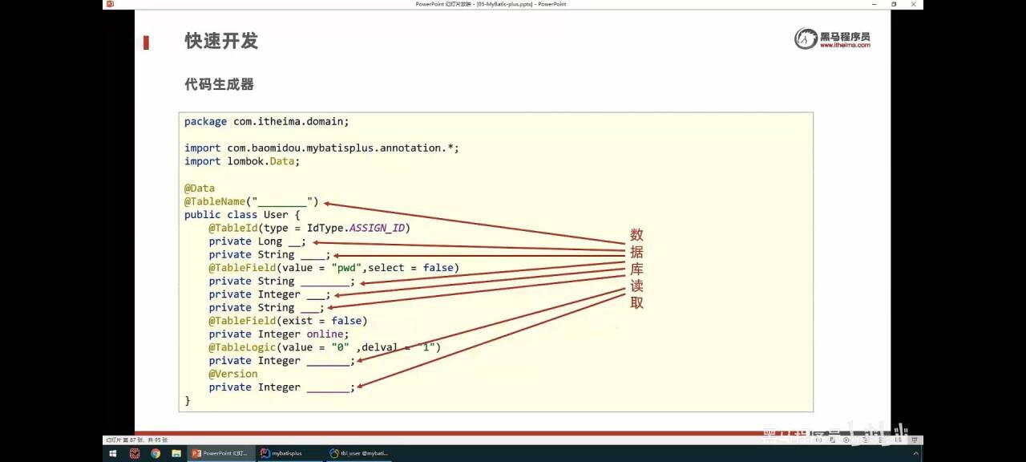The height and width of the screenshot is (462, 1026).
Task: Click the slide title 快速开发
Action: pyautogui.click(x=221, y=41)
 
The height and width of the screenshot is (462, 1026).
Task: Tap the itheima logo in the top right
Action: pyautogui.click(x=832, y=38)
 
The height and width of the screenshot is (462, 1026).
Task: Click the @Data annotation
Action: pyautogui.click(x=200, y=188)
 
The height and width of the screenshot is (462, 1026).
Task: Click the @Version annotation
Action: pyautogui.click(x=233, y=374)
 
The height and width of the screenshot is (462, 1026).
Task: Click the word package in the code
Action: pyautogui.click(x=205, y=122)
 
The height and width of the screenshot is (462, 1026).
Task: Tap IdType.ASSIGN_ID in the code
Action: pyautogui.click(x=356, y=228)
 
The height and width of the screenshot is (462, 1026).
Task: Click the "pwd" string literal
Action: pyautogui.click(x=345, y=268)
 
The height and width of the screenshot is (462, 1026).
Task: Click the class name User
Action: pyautogui.click(x=276, y=215)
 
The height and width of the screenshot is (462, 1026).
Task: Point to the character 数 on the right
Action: pyautogui.click(x=636, y=235)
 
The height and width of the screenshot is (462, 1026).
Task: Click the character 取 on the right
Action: pyautogui.click(x=636, y=303)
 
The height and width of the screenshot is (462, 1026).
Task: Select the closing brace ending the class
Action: pyautogui.click(x=188, y=400)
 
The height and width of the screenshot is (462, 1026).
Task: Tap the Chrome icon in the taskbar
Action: pyautogui.click(x=156, y=453)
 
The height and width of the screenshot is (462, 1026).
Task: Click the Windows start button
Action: pyautogui.click(x=113, y=453)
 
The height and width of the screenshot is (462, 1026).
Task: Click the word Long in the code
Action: pyautogui.click(x=269, y=241)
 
